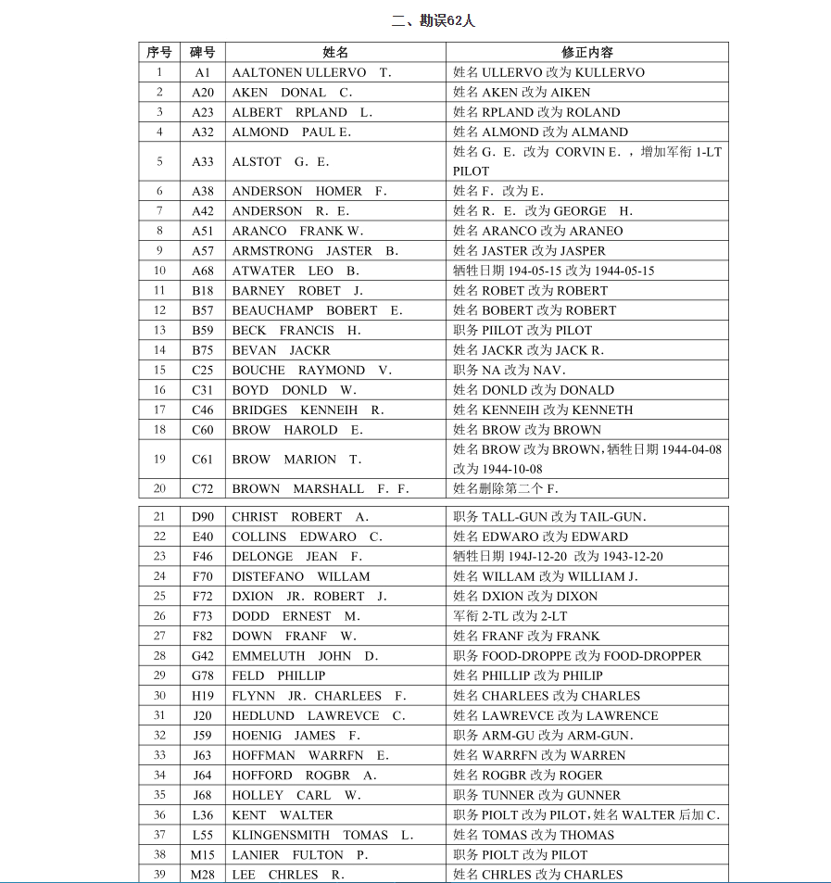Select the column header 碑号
click(x=203, y=53)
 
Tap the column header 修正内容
click(x=586, y=53)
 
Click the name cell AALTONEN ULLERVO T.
click(x=311, y=72)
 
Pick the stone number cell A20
click(x=203, y=93)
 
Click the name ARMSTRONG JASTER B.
click(x=315, y=251)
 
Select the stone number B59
click(x=203, y=331)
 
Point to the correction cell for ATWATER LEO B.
click(x=554, y=271)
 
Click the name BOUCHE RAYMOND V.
click(x=311, y=371)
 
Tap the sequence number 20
click(x=159, y=489)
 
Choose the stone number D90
click(x=203, y=517)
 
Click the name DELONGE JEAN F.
click(x=296, y=557)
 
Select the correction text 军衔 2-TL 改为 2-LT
click(x=510, y=616)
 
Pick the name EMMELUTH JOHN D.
click(x=305, y=656)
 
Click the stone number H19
click(x=203, y=696)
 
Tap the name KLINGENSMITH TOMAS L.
click(x=322, y=835)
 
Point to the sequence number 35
click(x=159, y=795)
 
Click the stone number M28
click(x=203, y=875)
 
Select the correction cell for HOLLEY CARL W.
click(x=537, y=795)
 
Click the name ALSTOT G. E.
click(x=281, y=162)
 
